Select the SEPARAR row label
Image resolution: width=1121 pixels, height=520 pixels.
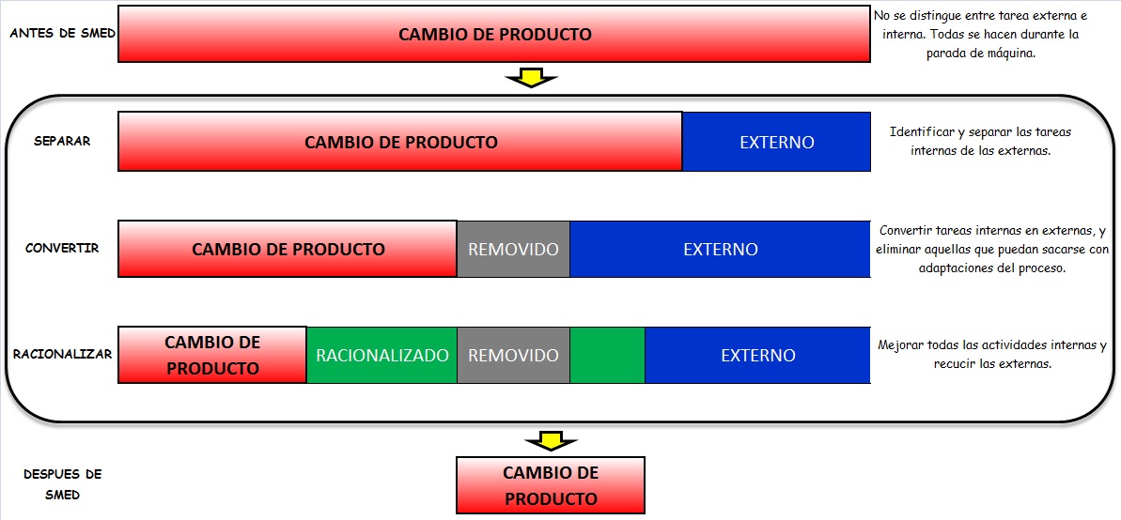point(62,142)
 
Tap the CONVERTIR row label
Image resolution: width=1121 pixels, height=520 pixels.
point(62,249)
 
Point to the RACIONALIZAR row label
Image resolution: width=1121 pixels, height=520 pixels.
point(62,355)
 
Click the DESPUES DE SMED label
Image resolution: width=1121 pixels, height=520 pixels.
point(62,484)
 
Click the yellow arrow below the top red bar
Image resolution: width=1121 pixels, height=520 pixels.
point(531,78)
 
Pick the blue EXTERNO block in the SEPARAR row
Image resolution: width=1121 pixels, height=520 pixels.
point(776,143)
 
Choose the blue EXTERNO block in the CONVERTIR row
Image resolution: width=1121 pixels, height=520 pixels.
point(720,250)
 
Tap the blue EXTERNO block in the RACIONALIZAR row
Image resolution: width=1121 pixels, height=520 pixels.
point(757,356)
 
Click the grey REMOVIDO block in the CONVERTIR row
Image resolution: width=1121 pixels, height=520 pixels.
point(513,250)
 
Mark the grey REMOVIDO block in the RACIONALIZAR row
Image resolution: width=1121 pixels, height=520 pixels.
point(513,356)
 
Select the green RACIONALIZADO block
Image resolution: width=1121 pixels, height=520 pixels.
point(381,356)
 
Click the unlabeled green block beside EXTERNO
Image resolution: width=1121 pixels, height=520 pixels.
point(607,356)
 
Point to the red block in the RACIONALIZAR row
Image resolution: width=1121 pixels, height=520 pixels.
point(212,355)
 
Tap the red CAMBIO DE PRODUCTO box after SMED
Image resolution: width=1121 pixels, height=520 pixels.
point(551,485)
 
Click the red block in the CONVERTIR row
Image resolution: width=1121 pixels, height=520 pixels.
point(288,250)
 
